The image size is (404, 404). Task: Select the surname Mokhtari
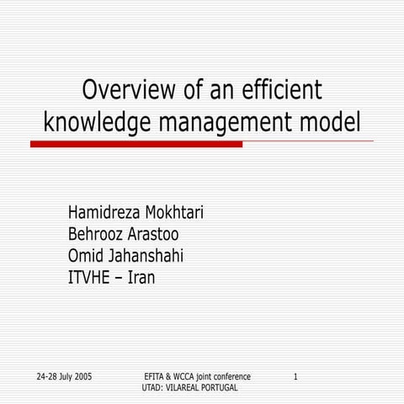(x=173, y=213)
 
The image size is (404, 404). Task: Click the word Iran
(x=141, y=277)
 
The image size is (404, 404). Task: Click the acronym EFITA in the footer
(x=157, y=375)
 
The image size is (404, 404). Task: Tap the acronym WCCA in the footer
(x=194, y=375)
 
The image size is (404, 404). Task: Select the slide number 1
(x=295, y=375)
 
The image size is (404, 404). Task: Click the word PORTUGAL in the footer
(x=217, y=387)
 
